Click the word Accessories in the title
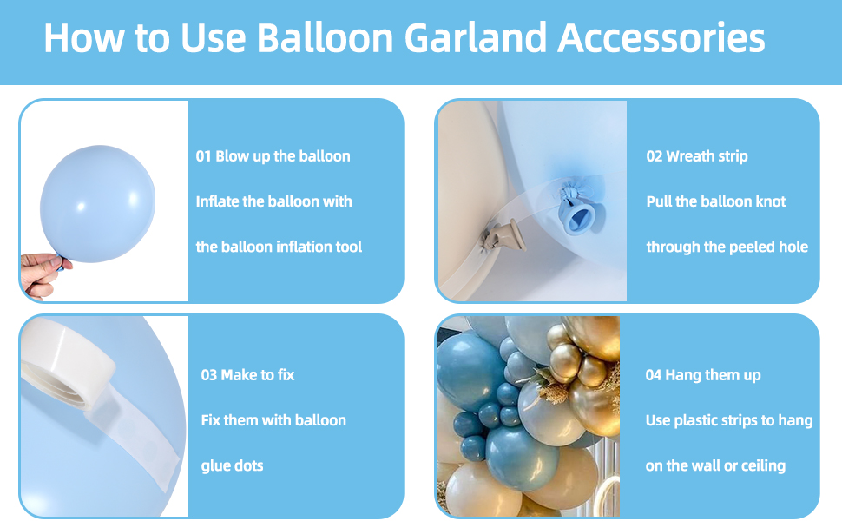coord(661,39)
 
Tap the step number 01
coord(204,156)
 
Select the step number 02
coord(655,156)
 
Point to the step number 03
coord(209,375)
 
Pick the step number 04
coord(654,375)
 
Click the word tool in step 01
coord(346,247)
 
